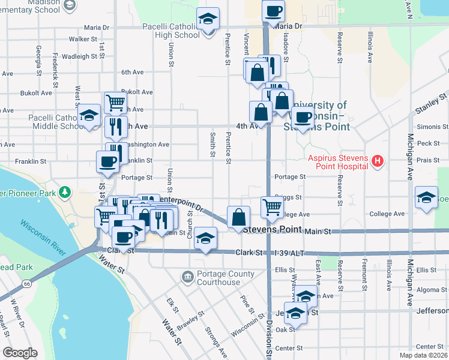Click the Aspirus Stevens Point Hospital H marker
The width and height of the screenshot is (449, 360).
[x=378, y=161]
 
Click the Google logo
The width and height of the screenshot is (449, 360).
[x=20, y=352]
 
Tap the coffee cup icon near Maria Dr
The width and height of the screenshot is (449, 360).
[x=273, y=10]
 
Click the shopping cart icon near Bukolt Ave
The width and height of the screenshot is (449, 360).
[x=115, y=102]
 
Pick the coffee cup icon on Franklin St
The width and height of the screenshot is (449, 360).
[x=107, y=161]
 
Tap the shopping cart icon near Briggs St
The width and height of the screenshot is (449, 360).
[x=272, y=207]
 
